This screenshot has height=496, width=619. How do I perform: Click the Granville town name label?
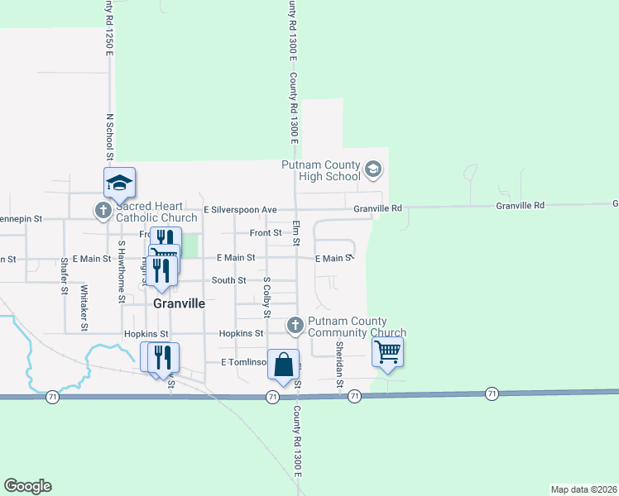pos(180,303)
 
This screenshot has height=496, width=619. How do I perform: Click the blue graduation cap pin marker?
pos(119,183)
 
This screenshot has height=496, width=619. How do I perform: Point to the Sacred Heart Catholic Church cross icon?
pos(103,211)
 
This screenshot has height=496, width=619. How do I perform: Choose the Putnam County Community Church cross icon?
pos(295,327)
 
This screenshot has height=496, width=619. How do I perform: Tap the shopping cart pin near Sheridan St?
pos(387,352)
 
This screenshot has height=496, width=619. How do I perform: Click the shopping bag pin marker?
pos(283,365)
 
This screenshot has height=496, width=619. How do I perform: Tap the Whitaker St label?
pos(84,308)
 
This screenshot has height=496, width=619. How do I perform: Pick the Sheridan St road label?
pos(339,365)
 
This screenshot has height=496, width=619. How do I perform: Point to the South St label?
pos(229,280)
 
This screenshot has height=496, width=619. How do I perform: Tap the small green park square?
pos(190,246)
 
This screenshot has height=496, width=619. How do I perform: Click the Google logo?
pos(27,486)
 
